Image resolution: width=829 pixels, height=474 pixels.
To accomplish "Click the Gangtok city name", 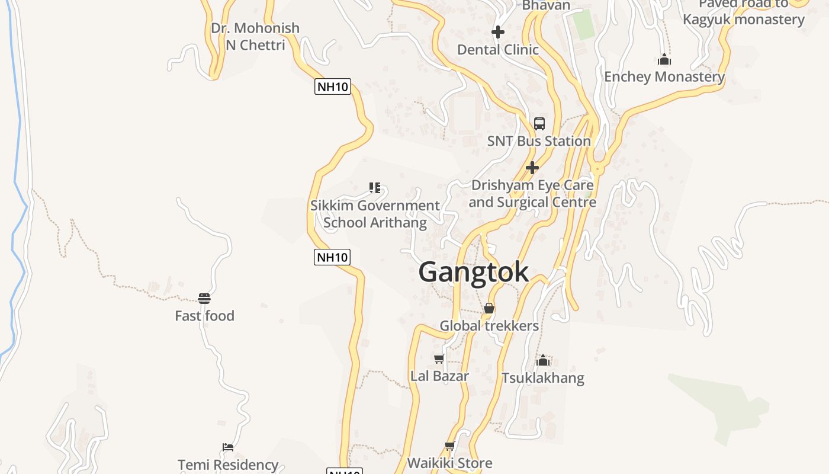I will pos(474,273).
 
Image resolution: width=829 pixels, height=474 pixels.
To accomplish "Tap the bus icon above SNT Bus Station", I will pos(539,124).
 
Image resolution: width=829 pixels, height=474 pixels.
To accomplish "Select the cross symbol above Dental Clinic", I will pos(498,32).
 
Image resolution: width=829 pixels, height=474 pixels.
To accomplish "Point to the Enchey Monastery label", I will pos(664,77).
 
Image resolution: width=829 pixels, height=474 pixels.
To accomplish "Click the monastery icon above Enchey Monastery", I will pos(664,59).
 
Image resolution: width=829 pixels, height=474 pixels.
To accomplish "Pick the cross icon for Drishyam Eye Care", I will pos(532,168).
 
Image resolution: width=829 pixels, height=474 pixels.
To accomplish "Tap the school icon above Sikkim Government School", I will pos(374,188).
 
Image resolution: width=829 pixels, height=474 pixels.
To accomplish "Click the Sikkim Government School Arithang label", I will pos(375,214).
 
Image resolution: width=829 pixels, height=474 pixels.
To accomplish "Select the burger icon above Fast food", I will pos(204,298).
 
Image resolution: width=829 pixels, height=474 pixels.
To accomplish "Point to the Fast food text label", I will pos(204,316).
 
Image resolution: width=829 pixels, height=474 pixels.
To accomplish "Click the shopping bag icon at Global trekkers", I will pos(489,308).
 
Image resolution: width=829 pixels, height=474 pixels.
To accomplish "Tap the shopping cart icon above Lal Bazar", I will pos(439,358).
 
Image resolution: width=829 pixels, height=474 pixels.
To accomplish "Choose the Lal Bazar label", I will pos(439,376).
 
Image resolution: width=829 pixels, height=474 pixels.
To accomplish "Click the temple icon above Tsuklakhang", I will pos(543,360).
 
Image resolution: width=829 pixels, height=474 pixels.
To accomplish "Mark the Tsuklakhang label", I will pos(543,378).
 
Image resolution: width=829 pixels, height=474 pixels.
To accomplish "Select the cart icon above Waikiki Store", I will pos(449,446).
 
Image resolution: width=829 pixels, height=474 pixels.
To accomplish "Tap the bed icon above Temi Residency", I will pos(228,447).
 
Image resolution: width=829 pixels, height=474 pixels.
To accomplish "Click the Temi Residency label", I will pos(228,465).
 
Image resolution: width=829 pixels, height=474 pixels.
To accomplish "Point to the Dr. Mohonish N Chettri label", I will pos(255,36).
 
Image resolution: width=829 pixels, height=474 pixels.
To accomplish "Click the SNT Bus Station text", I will pos(539,142).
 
